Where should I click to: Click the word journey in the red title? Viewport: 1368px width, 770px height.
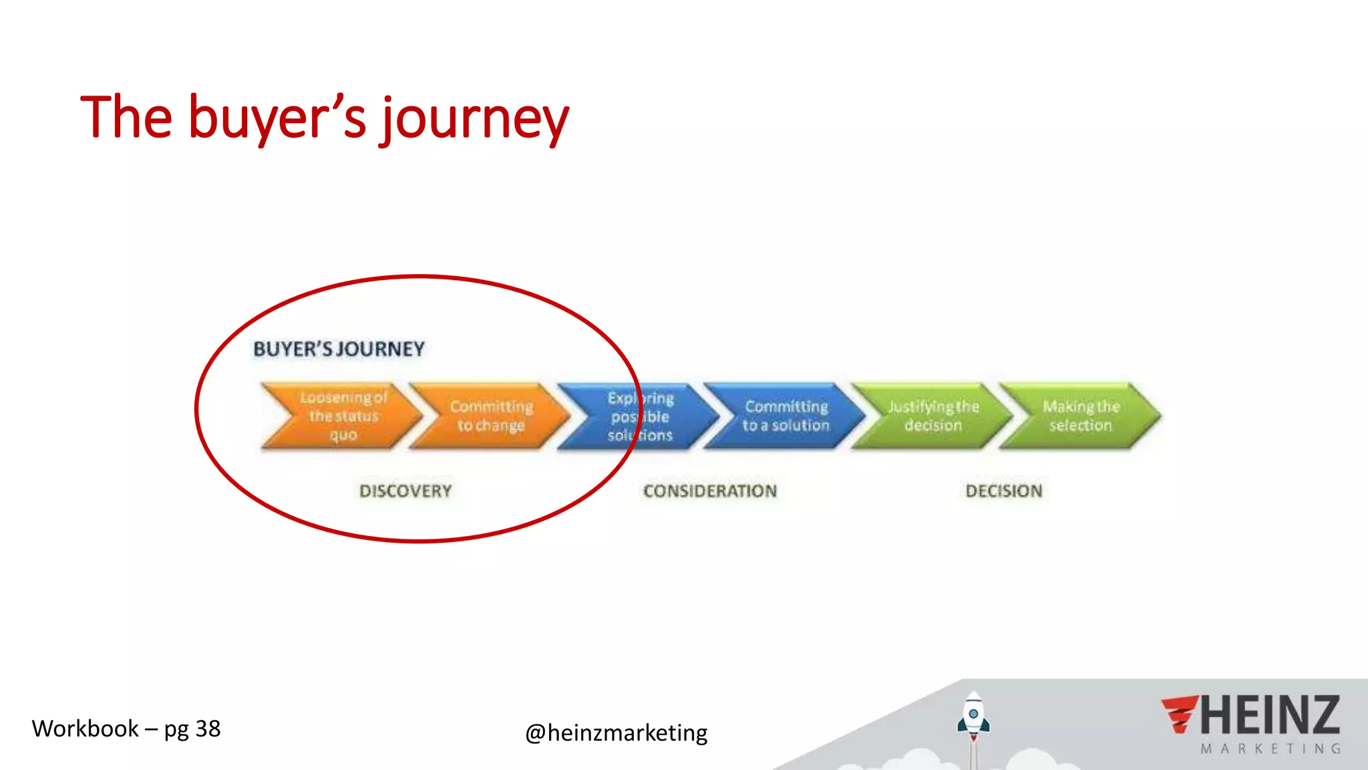pyautogui.click(x=476, y=119)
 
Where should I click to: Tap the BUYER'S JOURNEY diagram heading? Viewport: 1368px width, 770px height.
pyautogui.click(x=339, y=349)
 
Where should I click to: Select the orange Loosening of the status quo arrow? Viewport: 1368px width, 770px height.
pyautogui.click(x=342, y=416)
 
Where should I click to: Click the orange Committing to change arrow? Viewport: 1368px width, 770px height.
pyautogui.click(x=491, y=416)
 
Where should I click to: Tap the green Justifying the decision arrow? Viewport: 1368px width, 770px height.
pyautogui.click(x=933, y=416)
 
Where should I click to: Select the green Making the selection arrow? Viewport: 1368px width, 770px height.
pyautogui.click(x=1080, y=416)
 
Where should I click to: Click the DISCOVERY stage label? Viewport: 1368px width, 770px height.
pyautogui.click(x=405, y=491)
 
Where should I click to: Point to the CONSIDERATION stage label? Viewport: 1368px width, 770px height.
pyautogui.click(x=710, y=491)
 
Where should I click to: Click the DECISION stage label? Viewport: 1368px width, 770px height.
pyautogui.click(x=1004, y=491)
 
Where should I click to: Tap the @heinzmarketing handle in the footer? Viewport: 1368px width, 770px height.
pyautogui.click(x=616, y=733)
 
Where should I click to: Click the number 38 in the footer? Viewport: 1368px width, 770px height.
pyautogui.click(x=208, y=729)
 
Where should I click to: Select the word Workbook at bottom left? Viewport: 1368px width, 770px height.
pyautogui.click(x=85, y=729)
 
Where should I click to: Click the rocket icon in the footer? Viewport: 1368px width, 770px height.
pyautogui.click(x=974, y=719)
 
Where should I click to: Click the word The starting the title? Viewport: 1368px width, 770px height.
pyautogui.click(x=126, y=118)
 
